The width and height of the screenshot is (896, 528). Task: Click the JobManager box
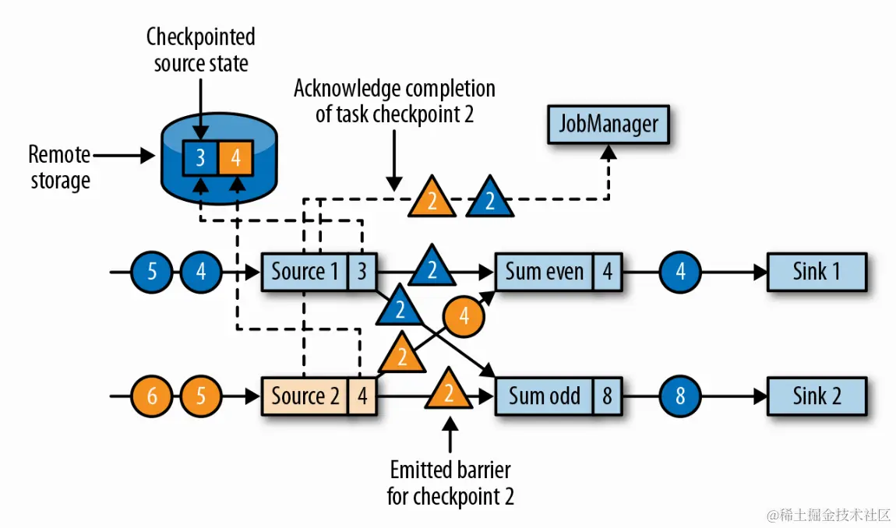click(609, 125)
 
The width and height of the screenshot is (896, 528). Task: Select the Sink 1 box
click(817, 272)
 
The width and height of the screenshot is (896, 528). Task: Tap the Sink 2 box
click(817, 396)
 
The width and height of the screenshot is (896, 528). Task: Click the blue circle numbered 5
click(152, 272)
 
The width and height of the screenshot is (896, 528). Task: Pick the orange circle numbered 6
click(152, 396)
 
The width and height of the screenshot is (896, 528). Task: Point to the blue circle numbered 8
click(680, 396)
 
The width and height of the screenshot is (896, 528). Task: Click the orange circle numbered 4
click(464, 317)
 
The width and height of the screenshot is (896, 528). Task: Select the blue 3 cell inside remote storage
click(200, 159)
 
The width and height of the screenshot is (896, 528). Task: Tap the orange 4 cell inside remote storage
click(236, 159)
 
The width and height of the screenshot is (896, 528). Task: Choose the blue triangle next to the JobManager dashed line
click(490, 198)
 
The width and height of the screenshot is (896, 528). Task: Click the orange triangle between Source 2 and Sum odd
click(449, 389)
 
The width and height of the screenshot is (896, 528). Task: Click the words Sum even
click(544, 272)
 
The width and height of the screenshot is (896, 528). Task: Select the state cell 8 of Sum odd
click(607, 396)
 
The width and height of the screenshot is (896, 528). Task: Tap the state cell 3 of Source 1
click(362, 272)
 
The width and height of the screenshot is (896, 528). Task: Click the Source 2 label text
click(305, 396)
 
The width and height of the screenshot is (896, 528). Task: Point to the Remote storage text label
click(59, 167)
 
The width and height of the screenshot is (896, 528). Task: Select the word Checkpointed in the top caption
click(201, 37)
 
